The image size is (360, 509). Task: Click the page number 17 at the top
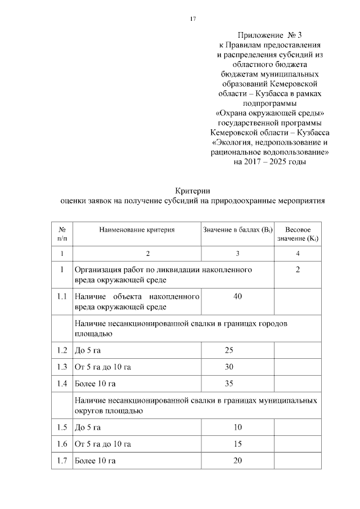click(192, 19)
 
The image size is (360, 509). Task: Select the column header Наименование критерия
click(137, 229)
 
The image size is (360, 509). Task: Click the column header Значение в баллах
click(237, 229)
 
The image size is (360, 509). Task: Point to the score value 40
click(237, 296)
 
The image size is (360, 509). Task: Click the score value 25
click(229, 351)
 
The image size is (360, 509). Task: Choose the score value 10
click(237, 427)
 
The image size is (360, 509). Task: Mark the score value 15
click(237, 444)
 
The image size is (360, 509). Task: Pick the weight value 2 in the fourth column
click(298, 270)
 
